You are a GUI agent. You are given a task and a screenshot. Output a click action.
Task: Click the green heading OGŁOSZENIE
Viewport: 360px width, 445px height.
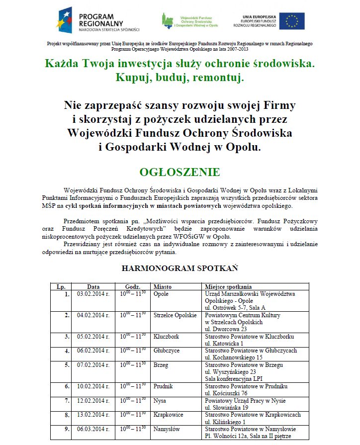click(x=180, y=173)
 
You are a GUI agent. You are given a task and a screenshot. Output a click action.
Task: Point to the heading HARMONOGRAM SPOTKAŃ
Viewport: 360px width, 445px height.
click(x=180, y=268)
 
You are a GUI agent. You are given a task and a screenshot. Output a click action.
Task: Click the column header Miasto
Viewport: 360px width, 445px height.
click(x=163, y=287)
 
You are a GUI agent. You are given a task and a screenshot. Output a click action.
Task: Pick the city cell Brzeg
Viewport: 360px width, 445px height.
click(x=161, y=365)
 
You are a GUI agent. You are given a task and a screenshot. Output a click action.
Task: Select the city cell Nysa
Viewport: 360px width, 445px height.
click(x=160, y=401)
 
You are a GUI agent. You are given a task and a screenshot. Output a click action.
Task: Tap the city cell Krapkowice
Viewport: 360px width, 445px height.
click(x=168, y=415)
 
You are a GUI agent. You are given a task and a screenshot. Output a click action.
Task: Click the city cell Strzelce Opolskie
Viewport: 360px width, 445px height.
click(x=175, y=315)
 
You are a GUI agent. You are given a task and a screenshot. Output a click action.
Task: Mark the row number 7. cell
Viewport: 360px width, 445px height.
click(x=67, y=401)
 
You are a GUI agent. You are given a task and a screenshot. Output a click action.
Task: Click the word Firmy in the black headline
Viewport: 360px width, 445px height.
click(x=277, y=105)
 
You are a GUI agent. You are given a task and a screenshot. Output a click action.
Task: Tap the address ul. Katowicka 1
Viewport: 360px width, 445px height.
click(x=224, y=343)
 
